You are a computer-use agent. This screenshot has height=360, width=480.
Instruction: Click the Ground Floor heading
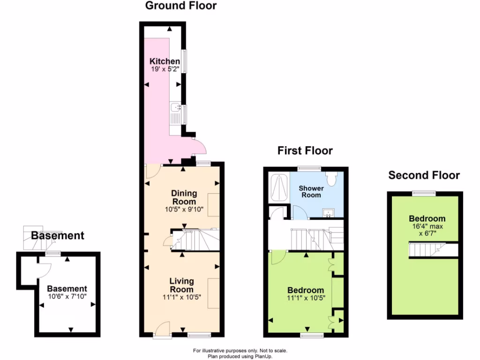(x=181, y=6)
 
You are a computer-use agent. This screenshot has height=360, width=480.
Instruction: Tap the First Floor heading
(x=305, y=150)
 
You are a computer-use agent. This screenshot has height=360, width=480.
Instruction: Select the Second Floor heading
(x=424, y=175)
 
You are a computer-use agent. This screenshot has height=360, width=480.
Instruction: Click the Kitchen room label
(x=165, y=61)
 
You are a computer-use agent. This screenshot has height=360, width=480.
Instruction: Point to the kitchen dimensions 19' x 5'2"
(x=165, y=69)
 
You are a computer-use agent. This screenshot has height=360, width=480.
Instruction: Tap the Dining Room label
(x=184, y=197)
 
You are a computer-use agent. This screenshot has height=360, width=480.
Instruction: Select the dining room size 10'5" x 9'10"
(x=184, y=210)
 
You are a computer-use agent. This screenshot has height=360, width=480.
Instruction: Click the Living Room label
(x=181, y=285)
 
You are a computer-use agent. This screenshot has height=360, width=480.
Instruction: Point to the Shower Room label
(x=311, y=191)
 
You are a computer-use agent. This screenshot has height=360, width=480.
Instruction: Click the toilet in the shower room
(x=332, y=177)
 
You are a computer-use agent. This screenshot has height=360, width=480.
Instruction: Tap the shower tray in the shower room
(x=279, y=187)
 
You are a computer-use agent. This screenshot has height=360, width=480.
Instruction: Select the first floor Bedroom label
(x=306, y=290)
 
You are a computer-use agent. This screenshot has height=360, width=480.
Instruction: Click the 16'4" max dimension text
(x=427, y=226)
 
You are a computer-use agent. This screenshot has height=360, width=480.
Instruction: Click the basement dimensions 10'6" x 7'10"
(x=67, y=297)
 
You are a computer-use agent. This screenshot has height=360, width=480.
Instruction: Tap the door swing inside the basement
(x=44, y=270)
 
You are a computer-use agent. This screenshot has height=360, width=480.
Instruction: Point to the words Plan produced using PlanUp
(x=240, y=356)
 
